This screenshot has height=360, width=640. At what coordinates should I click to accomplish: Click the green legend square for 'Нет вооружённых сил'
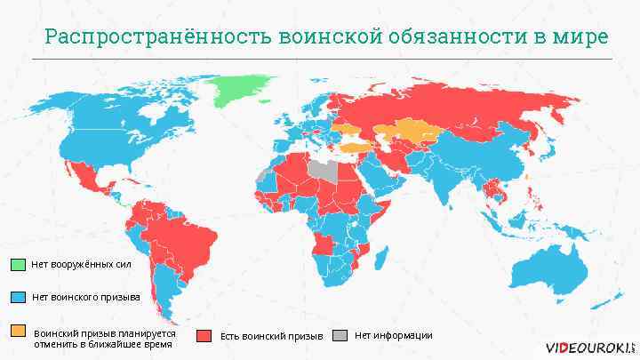click(x=19, y=264)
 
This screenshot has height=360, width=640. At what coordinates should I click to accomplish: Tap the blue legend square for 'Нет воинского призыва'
click(x=19, y=296)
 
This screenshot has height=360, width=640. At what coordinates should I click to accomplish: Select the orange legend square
click(x=19, y=331)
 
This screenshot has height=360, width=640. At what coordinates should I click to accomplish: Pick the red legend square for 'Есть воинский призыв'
click(x=204, y=336)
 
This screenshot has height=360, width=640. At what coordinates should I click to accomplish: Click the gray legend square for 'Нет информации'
click(x=340, y=335)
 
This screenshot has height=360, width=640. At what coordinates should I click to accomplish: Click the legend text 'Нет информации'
click(x=393, y=335)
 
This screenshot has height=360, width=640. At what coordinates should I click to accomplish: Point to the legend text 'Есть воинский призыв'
click(x=271, y=336)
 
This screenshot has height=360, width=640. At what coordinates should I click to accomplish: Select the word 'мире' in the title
click(x=582, y=37)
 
